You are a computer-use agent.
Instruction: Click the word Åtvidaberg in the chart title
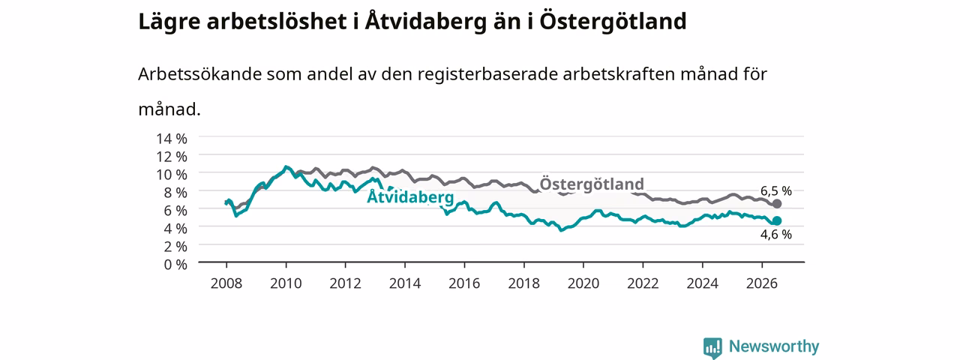pos(425,22)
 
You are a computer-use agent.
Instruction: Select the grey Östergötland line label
pos(592,184)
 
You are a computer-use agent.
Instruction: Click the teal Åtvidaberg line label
pos(410,196)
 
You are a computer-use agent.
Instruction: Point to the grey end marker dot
pos(776,204)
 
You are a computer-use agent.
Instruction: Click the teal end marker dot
pos(776,220)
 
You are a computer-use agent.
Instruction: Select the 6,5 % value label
pos(776,190)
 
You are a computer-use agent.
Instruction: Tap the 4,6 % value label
pos(776,234)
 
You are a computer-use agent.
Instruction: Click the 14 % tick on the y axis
pos(172,139)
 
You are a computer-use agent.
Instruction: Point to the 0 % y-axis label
pos(175,264)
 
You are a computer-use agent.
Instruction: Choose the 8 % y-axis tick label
pos(175,193)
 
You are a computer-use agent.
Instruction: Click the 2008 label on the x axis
pos(226,283)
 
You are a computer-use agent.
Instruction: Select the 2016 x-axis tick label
pos(464,283)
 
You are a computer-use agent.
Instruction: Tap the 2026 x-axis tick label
pos(762,283)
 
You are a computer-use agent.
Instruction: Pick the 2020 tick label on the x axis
pos(583,283)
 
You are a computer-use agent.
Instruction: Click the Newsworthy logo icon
pos(712,347)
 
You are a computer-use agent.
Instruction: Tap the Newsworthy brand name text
pos(774,346)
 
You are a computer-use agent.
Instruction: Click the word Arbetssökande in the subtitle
pos(199,74)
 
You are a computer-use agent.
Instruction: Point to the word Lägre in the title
pos(169,22)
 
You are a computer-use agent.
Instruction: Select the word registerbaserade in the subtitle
pos(487,74)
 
